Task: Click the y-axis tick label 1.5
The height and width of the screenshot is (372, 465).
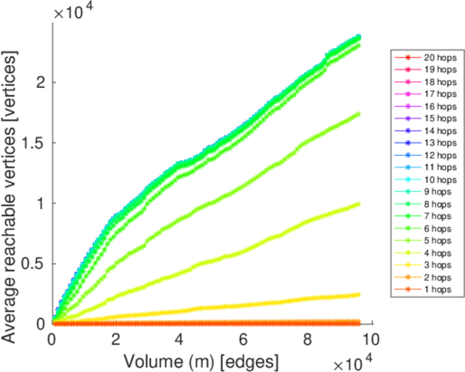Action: coord(34,143)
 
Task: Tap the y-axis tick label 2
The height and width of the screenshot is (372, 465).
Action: coord(40,82)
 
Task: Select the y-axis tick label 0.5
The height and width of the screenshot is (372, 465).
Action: coord(34,264)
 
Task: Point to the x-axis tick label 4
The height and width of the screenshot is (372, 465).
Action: coord(179,339)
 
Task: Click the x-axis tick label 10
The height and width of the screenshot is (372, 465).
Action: coord(371,339)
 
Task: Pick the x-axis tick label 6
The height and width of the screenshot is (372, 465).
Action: coord(243,339)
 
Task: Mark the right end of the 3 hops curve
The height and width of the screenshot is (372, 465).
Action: coord(358,294)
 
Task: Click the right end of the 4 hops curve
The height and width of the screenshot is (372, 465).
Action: coord(358,204)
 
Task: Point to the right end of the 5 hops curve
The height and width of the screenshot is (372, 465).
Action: coord(358,114)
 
